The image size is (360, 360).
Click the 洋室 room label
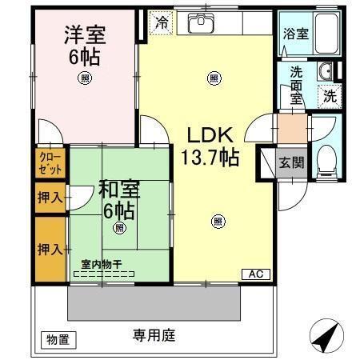(x=83, y=36)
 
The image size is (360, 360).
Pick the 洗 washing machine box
(x=329, y=96)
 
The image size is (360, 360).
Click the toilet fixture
(x=325, y=160)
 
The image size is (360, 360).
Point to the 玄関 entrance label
(x=290, y=162)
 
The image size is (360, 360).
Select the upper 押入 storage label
(x=49, y=197)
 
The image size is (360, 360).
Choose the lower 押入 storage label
(x=49, y=249)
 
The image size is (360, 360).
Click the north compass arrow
(x=324, y=336)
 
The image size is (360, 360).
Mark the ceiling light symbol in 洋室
(x=84, y=78)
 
